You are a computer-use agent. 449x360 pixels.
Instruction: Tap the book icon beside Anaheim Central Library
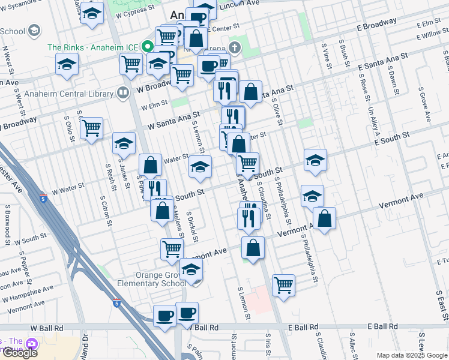click(122, 93)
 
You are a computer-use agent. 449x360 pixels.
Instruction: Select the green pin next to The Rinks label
click(146, 47)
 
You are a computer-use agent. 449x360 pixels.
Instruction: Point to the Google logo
click(20, 353)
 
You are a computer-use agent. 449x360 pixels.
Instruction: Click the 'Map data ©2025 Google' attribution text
click(412, 355)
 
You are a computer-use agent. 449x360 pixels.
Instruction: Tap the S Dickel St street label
click(193, 227)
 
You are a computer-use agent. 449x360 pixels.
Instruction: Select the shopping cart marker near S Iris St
click(283, 286)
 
